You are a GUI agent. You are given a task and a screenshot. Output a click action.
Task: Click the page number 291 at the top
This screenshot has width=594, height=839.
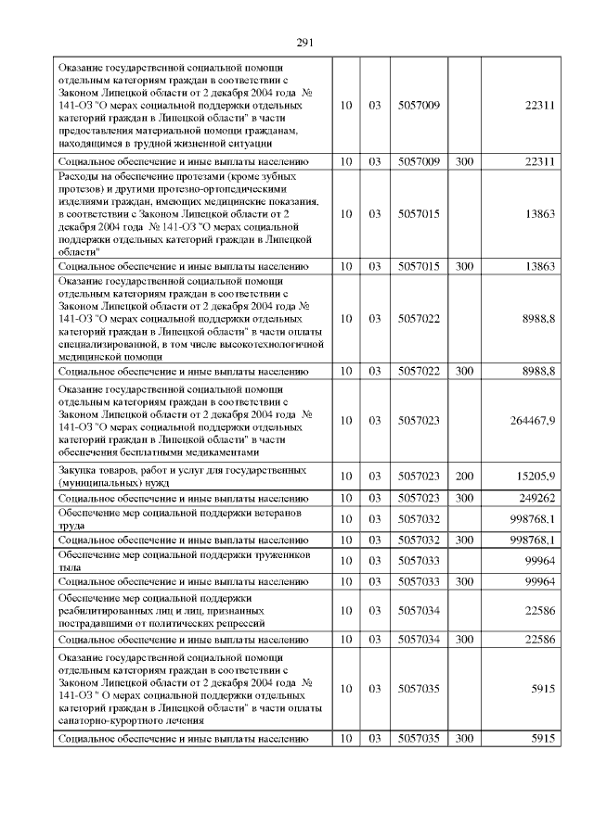[x=305, y=42]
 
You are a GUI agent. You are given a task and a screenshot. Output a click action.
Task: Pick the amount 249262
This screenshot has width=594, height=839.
[x=536, y=498]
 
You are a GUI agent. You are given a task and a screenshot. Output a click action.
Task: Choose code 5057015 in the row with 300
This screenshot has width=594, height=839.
[x=418, y=266]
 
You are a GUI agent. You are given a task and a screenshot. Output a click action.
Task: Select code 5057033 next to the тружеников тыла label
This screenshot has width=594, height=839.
[x=418, y=560]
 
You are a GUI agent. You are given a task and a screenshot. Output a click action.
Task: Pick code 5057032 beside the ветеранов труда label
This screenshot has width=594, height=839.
[x=418, y=518]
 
